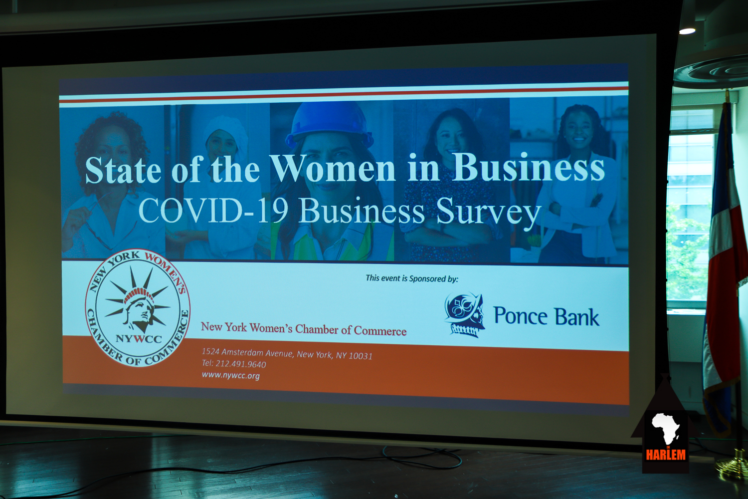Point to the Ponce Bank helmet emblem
click(464, 315)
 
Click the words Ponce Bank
click(547, 316)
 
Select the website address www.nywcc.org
click(231, 375)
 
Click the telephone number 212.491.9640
click(241, 364)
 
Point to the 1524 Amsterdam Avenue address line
click(287, 354)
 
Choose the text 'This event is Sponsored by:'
click(412, 278)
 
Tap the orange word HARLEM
click(666, 455)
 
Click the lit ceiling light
click(687, 31)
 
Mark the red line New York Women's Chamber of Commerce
click(304, 329)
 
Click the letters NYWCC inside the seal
click(139, 339)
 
